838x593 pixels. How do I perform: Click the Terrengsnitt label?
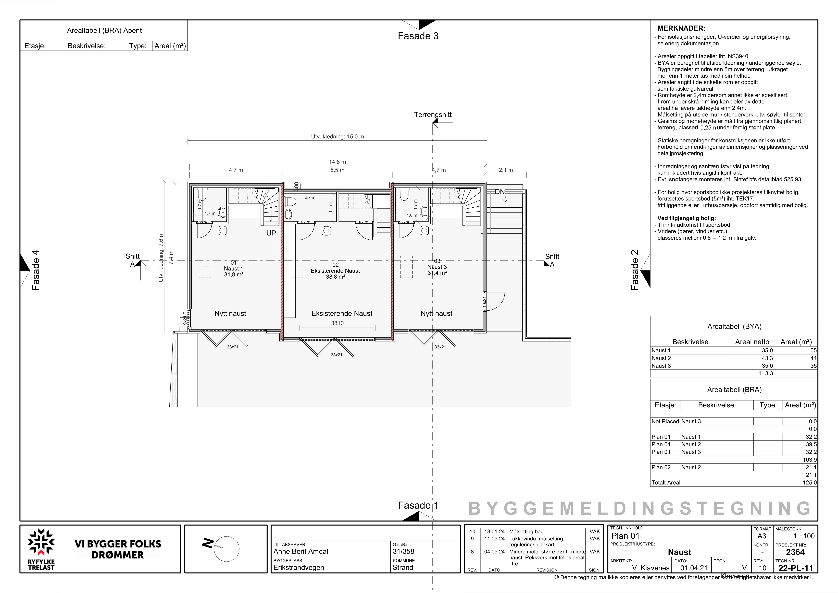click(433, 115)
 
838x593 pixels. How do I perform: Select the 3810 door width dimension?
click(337, 323)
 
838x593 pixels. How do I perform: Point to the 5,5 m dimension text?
click(337, 170)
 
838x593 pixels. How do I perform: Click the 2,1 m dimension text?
click(506, 170)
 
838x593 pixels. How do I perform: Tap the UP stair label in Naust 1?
click(271, 233)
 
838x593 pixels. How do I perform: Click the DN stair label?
click(500, 192)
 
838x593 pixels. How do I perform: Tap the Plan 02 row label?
click(661, 467)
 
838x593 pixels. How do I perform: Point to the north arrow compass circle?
click(226, 549)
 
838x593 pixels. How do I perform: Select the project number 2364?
click(795, 552)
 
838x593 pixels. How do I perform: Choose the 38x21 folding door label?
click(336, 355)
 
